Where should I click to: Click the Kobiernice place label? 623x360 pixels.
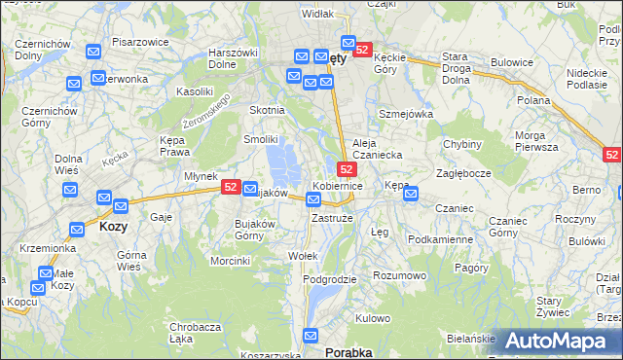pyautogui.click(x=338, y=185)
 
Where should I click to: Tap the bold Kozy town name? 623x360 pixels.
pyautogui.click(x=113, y=226)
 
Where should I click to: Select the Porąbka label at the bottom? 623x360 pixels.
pyautogui.click(x=348, y=352)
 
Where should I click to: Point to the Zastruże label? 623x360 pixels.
pyautogui.click(x=330, y=218)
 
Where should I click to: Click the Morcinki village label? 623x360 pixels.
pyautogui.click(x=230, y=261)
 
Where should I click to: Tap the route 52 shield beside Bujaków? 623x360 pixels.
pyautogui.click(x=231, y=187)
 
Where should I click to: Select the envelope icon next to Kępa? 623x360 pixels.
pyautogui.click(x=411, y=194)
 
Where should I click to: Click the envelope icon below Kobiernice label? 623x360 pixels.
pyautogui.click(x=312, y=199)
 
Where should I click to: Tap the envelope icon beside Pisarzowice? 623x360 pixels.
pyautogui.click(x=94, y=53)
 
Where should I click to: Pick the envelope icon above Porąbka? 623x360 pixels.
pyautogui.click(x=311, y=337)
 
